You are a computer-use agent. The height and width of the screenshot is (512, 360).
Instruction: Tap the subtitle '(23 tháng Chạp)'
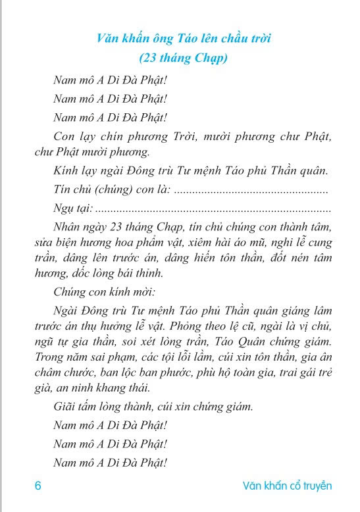click(180, 58)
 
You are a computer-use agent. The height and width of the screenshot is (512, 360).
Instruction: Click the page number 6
click(38, 486)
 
